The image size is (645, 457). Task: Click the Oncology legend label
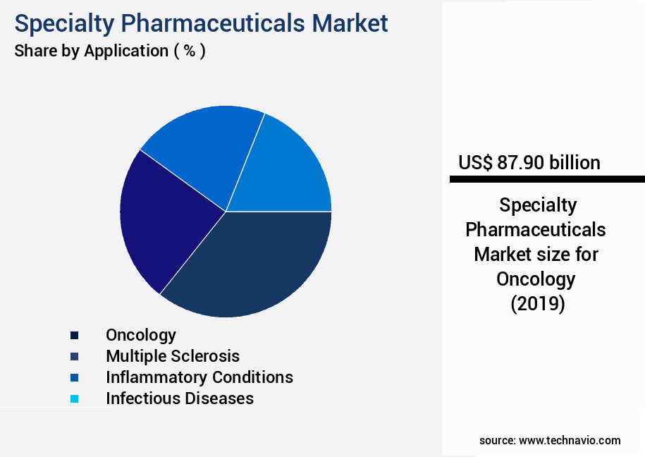(x=141, y=335)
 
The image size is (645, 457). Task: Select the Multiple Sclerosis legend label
(x=173, y=356)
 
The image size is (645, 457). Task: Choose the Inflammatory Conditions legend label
(x=199, y=377)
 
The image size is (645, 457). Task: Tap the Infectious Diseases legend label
(x=180, y=398)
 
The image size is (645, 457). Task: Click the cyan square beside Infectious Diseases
(x=74, y=399)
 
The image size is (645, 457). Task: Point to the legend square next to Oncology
(x=74, y=336)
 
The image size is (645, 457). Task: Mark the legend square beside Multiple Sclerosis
(x=74, y=357)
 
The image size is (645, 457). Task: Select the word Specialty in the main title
(x=62, y=23)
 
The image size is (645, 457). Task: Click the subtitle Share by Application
(x=110, y=51)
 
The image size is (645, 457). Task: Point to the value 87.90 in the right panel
(x=520, y=163)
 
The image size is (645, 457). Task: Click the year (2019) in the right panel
(x=537, y=304)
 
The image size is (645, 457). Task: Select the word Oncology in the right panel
(x=536, y=279)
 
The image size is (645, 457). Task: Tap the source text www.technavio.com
(x=570, y=440)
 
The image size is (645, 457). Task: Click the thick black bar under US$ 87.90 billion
(x=547, y=180)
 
